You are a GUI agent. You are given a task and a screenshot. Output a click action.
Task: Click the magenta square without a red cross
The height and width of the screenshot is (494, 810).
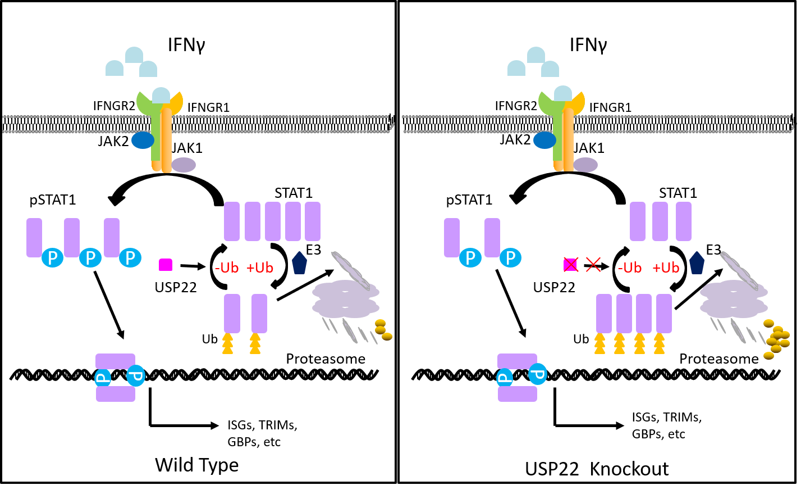(166, 265)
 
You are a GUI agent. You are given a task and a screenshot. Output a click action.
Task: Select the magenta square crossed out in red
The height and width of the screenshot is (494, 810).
(570, 265)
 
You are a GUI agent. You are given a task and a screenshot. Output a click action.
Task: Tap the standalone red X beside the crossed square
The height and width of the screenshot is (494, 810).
(593, 265)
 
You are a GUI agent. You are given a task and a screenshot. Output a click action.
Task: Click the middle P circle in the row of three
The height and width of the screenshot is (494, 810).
(90, 258)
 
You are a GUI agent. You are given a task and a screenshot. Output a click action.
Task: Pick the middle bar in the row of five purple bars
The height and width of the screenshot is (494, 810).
(273, 221)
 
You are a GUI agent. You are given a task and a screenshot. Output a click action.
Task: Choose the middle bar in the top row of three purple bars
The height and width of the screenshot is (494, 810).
(660, 221)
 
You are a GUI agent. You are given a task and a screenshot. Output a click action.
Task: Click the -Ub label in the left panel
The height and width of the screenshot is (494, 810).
(227, 268)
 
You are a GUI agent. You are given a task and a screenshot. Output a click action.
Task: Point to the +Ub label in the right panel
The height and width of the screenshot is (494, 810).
(666, 268)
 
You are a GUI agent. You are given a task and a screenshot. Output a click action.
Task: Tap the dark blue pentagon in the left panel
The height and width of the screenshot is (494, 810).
(299, 263)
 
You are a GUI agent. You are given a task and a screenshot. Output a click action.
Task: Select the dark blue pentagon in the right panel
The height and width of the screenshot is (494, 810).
(697, 263)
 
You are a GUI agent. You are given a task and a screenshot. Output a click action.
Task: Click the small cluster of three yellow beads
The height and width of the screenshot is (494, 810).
(383, 330)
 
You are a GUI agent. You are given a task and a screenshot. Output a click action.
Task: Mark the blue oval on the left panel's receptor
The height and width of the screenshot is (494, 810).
(143, 140)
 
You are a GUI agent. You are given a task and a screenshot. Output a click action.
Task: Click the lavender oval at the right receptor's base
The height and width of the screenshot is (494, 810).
(585, 165)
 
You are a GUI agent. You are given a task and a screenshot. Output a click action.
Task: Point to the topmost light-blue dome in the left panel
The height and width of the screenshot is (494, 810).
(134, 55)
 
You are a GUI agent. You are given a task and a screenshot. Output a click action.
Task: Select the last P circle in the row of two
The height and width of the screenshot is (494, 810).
(510, 258)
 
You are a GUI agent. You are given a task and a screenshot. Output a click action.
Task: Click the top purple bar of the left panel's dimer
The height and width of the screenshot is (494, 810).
(115, 361)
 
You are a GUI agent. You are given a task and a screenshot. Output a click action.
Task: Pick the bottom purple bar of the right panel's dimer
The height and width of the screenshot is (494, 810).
(517, 394)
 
